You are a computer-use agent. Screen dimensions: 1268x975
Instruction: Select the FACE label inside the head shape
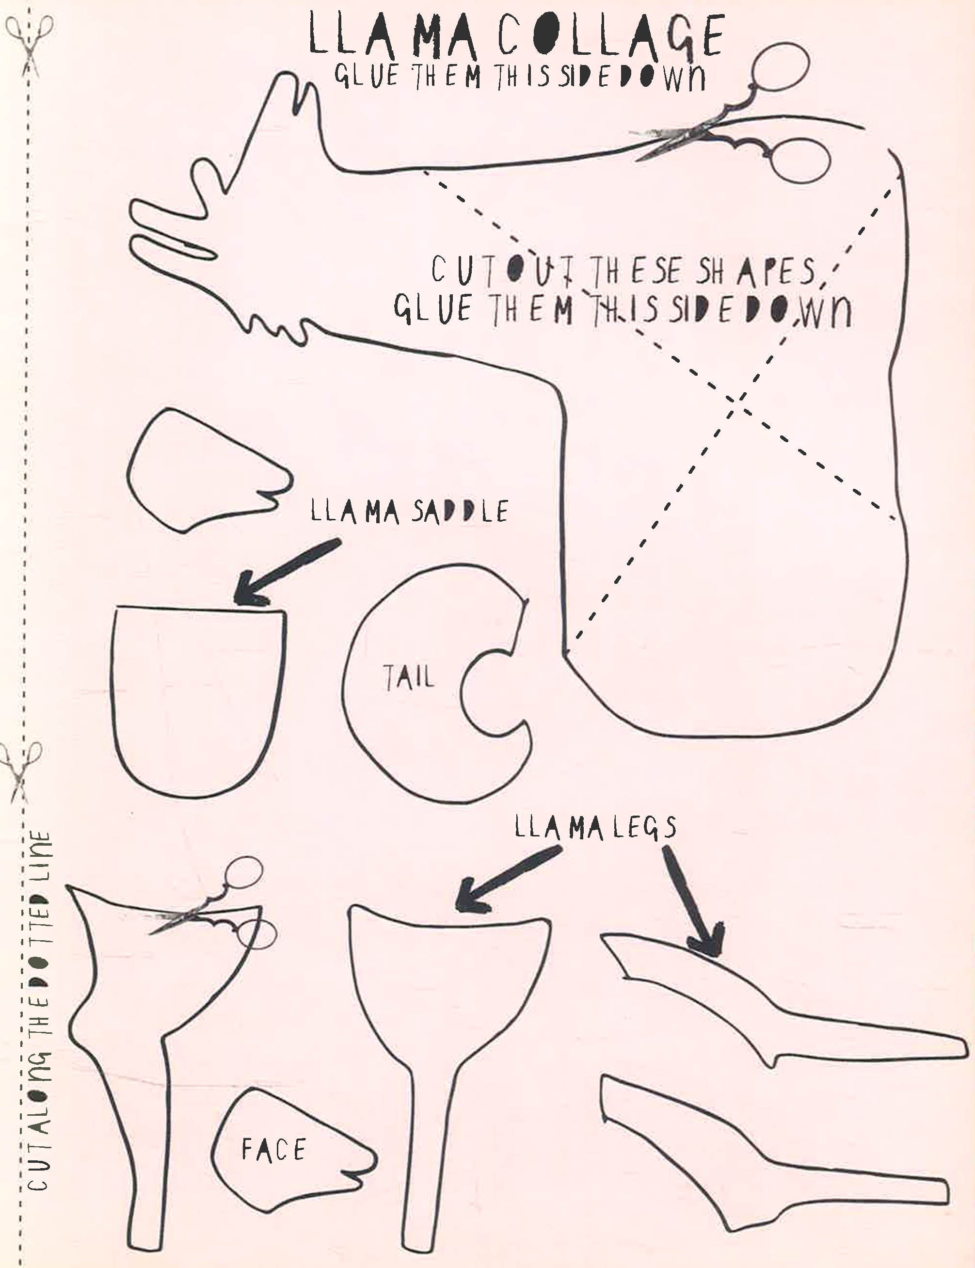click(x=273, y=1150)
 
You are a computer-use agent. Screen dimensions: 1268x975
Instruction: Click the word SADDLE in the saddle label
click(x=459, y=511)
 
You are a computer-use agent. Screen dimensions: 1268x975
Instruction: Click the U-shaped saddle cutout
click(x=200, y=696)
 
